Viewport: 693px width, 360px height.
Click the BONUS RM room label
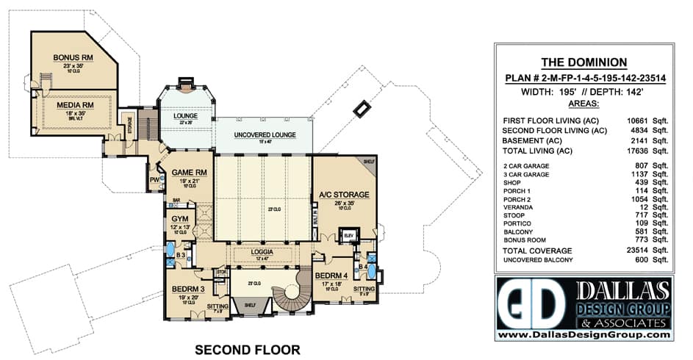[x=71, y=57]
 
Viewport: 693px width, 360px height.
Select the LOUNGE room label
[x=186, y=116]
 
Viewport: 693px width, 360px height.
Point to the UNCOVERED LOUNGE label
[x=265, y=135]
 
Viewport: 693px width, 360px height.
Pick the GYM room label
[x=179, y=220]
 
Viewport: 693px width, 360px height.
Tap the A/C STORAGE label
[x=343, y=195]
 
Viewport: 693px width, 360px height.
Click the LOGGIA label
[x=262, y=251]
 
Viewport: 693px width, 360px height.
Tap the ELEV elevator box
[x=348, y=235]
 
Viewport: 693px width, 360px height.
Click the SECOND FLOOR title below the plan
[x=247, y=350]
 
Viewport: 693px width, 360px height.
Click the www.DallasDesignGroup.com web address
[x=584, y=335]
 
